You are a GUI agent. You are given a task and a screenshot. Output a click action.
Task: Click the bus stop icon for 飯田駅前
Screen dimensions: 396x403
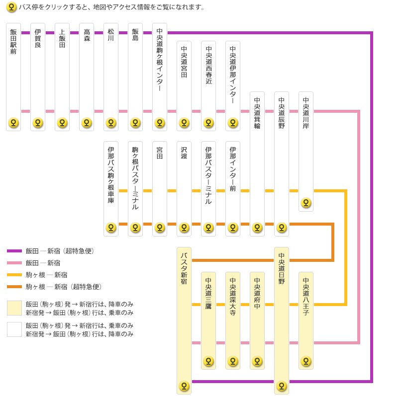(13, 123)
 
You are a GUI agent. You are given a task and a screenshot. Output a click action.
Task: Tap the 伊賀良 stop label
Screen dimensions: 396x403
(38, 38)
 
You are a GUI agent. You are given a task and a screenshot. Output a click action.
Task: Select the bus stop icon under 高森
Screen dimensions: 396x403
(87, 123)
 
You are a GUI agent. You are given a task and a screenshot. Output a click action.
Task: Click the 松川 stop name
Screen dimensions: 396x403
(111, 35)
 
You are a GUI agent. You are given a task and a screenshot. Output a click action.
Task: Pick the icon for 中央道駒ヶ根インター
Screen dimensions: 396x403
(160, 123)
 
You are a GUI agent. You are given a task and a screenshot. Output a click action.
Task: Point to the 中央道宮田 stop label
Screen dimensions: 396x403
(184, 62)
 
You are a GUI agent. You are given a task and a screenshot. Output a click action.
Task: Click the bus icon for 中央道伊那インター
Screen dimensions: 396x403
(233, 123)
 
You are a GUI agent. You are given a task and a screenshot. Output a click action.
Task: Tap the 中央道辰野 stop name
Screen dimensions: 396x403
(282, 113)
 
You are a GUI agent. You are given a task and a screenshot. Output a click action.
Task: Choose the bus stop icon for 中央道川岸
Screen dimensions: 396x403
(306, 203)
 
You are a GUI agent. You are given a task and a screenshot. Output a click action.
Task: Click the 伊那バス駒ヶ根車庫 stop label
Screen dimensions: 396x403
(111, 175)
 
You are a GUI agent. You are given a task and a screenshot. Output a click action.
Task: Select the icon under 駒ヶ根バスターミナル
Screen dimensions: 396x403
(135, 228)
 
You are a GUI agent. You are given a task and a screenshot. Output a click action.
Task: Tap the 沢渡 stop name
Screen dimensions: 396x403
(184, 153)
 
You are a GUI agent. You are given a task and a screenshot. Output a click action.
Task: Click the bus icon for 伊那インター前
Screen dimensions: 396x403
(233, 228)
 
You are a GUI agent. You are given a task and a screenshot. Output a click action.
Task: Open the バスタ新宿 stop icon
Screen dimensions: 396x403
(184, 386)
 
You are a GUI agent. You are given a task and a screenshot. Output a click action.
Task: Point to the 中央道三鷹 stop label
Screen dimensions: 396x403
(208, 293)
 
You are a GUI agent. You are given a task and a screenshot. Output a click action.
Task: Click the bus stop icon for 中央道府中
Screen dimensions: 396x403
(257, 361)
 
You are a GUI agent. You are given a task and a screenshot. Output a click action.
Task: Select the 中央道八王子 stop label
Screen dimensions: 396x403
(306, 297)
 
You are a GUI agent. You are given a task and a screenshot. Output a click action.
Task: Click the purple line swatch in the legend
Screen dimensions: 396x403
(14, 251)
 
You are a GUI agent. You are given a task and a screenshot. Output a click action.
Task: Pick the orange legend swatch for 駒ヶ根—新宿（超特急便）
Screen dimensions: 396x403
(14, 287)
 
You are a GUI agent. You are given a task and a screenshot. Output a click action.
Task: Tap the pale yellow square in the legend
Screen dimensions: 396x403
(14, 308)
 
